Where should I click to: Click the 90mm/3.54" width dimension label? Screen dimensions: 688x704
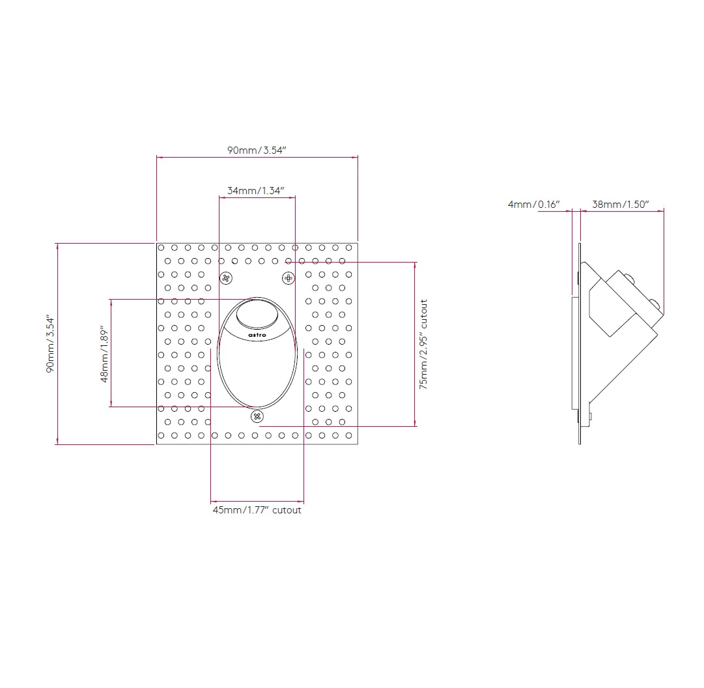pos(257,150)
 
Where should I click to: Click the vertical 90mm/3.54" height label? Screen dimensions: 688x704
pos(50,343)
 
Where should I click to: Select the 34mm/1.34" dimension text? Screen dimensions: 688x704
pos(257,191)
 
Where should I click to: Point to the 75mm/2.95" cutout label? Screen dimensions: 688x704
pos(423,344)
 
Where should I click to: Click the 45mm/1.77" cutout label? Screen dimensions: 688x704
pos(257,510)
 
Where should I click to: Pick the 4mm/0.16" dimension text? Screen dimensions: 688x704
pos(533,204)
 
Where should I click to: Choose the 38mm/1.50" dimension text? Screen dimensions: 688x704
pos(620,204)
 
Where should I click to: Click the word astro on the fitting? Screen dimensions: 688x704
pos(257,334)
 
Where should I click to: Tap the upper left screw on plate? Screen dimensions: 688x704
pos(226,279)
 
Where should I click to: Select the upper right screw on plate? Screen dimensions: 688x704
pos(289,278)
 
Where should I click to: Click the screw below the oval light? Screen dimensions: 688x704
pos(257,416)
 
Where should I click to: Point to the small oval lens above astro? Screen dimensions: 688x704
pos(257,314)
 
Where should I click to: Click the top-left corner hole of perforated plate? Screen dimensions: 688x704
pos(161,248)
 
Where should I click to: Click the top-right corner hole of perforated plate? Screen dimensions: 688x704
pos(349,248)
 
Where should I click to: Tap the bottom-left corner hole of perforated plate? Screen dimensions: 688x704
pos(161,435)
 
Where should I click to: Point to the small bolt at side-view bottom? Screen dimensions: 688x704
pos(590,416)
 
